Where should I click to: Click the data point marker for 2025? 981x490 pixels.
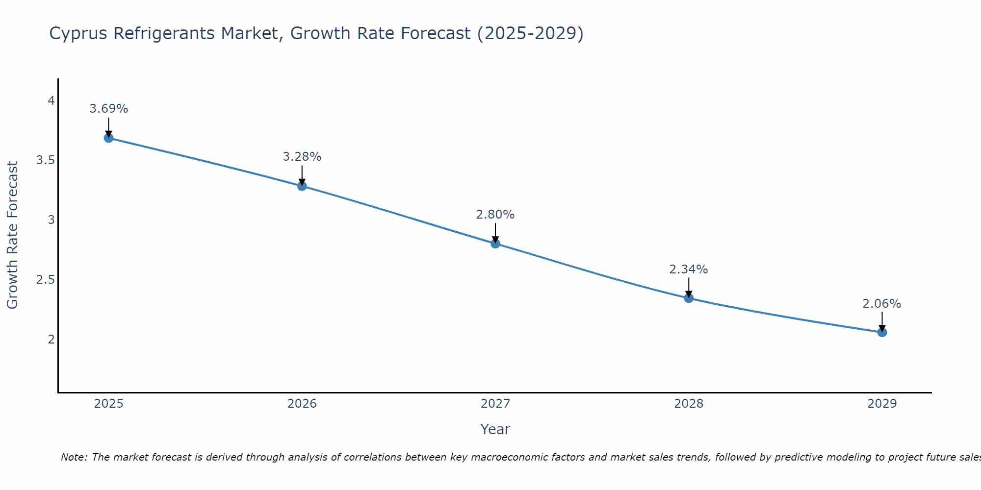click(x=108, y=138)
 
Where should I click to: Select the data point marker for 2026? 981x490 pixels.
click(x=302, y=186)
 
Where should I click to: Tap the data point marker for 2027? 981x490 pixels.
click(x=495, y=244)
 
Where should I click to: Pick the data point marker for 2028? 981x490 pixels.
click(x=689, y=298)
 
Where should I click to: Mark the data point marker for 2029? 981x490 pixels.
click(x=882, y=332)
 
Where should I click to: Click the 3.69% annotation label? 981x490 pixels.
click(x=108, y=109)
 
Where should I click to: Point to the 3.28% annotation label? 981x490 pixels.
click(x=302, y=157)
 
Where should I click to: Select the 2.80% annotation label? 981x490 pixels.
click(x=495, y=215)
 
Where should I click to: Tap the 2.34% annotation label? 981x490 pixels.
click(x=689, y=269)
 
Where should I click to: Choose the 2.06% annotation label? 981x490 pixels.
click(x=882, y=304)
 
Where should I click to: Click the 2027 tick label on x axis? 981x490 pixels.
click(x=495, y=404)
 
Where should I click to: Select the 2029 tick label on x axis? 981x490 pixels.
click(x=882, y=404)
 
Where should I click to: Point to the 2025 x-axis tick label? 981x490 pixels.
click(x=108, y=404)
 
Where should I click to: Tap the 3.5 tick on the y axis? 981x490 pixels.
click(x=45, y=160)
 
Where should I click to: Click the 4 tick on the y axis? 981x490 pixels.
click(x=51, y=101)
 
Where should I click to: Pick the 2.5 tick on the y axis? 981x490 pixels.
click(x=45, y=280)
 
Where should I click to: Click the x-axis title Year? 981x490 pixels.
click(x=495, y=429)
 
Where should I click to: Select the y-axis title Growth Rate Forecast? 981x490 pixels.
click(x=13, y=235)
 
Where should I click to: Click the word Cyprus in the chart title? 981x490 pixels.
click(x=78, y=34)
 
